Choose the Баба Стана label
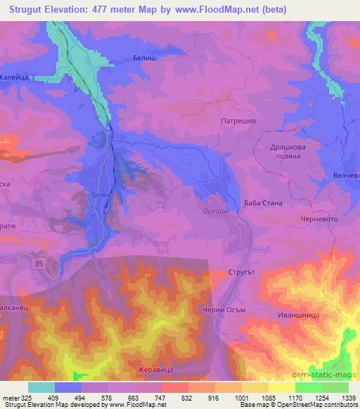(x=263, y=203)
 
